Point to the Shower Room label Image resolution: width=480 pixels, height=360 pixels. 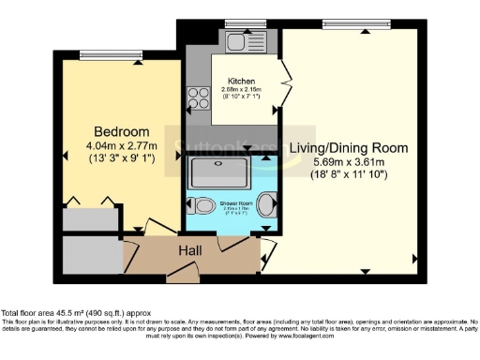tap(231, 202)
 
